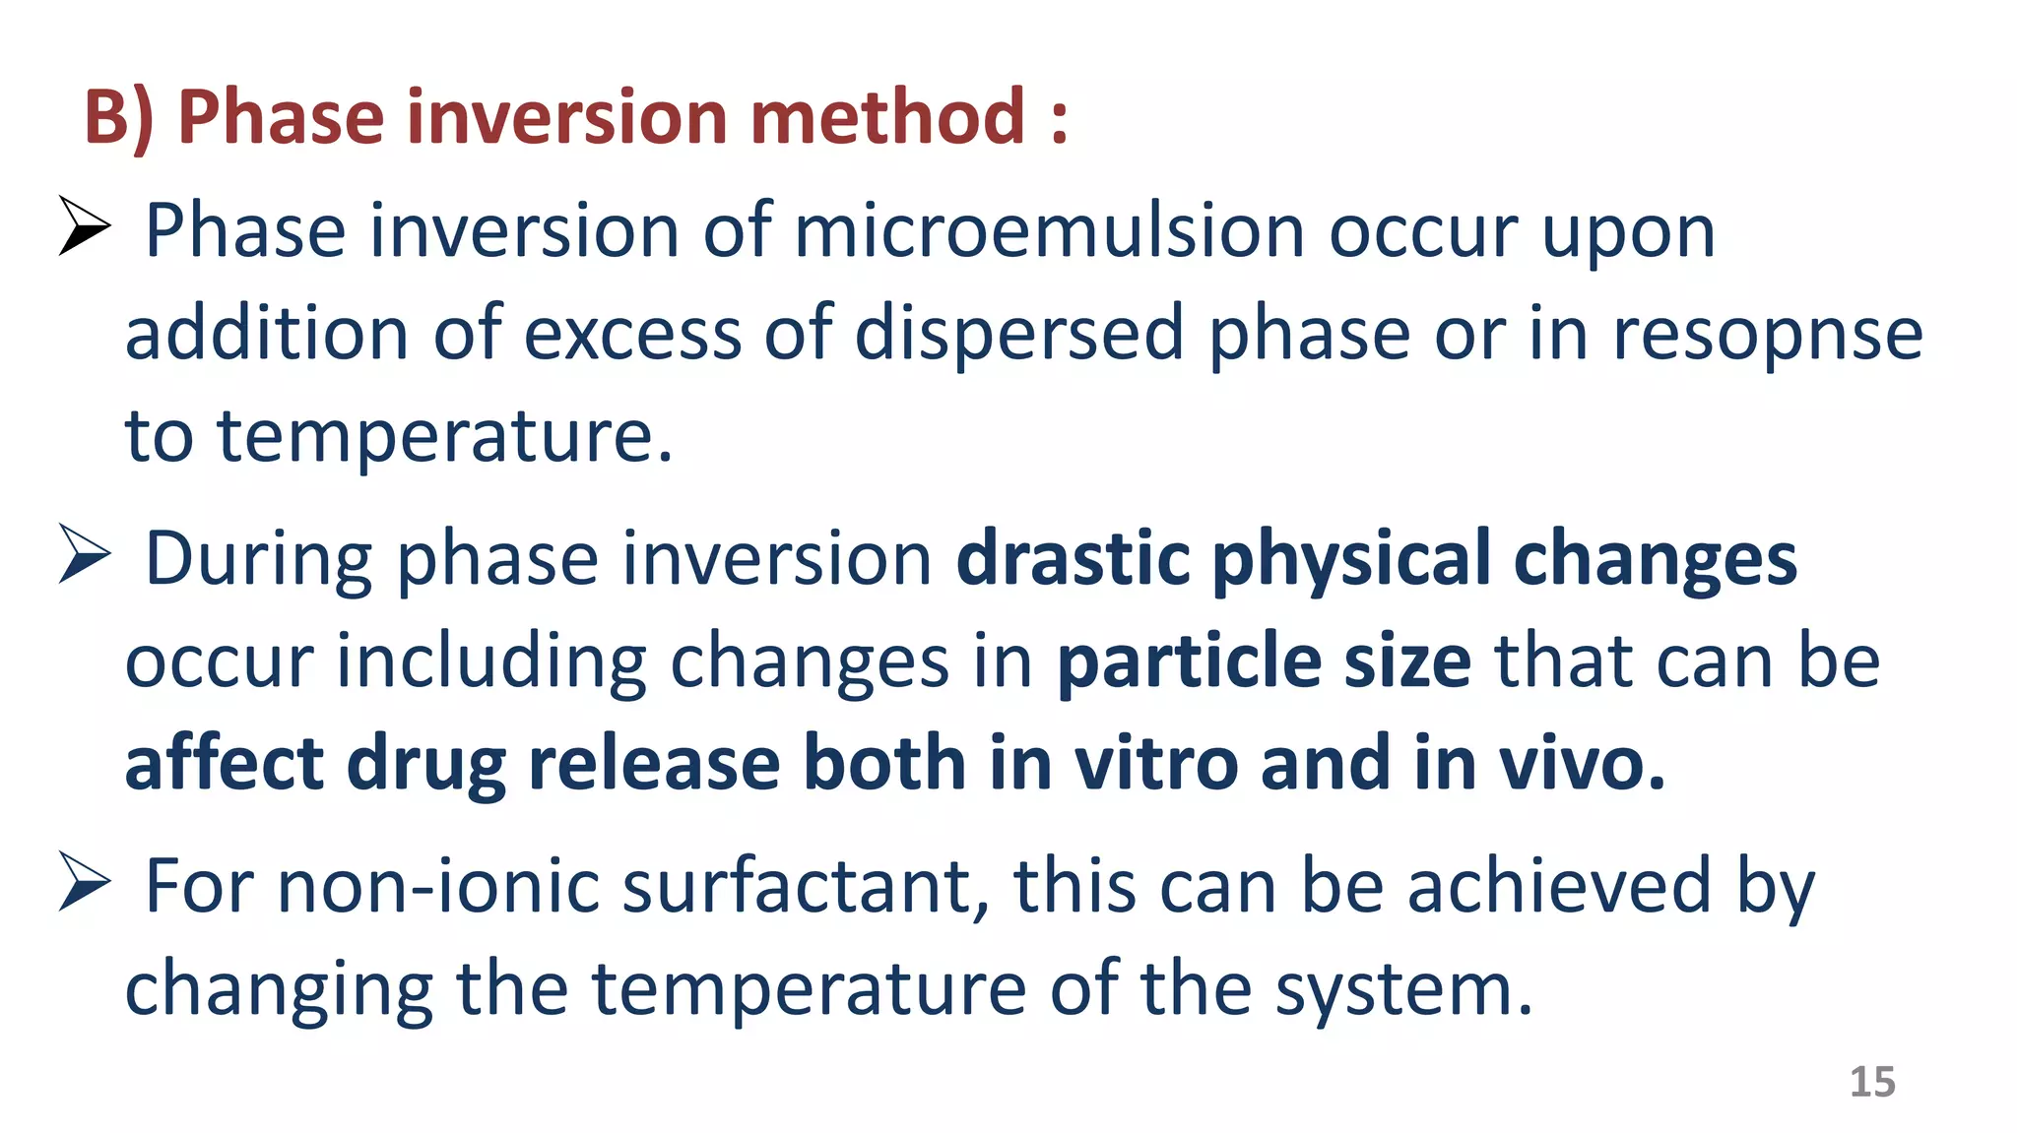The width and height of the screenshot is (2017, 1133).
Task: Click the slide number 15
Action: pos(1872,1082)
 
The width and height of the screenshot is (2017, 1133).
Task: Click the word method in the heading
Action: pos(887,116)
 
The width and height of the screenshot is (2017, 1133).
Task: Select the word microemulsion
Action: pos(1048,231)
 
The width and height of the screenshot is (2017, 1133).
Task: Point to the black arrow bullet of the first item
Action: pos(83,225)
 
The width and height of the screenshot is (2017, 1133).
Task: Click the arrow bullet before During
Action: pos(83,553)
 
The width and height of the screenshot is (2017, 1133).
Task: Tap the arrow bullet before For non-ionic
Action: pos(83,881)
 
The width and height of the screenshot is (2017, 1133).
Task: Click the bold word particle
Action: pos(1189,661)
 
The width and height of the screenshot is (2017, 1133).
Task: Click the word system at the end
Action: pos(1403,990)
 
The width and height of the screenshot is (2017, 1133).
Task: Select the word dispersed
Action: pos(1018,335)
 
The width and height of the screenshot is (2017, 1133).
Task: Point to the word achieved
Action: pos(1558,886)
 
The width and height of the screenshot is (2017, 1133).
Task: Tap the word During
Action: pos(259,558)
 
